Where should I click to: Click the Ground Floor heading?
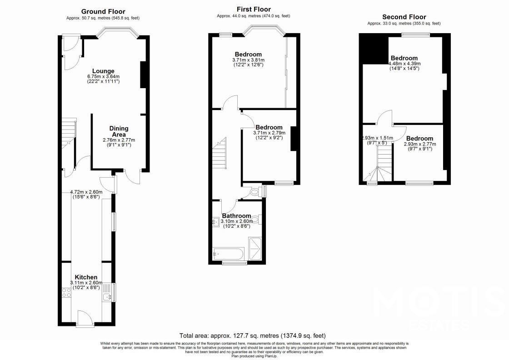(x=103, y=11)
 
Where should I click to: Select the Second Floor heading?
(x=404, y=17)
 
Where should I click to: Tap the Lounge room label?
(x=103, y=71)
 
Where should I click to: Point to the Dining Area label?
(x=118, y=131)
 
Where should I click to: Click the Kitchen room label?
(x=86, y=277)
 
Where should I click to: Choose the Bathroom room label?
(x=236, y=215)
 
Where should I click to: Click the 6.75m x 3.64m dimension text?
(x=103, y=77)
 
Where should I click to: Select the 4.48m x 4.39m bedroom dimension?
(x=405, y=64)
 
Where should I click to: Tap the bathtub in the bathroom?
(x=229, y=252)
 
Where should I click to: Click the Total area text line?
(x=252, y=335)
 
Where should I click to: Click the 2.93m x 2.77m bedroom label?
(x=419, y=144)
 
